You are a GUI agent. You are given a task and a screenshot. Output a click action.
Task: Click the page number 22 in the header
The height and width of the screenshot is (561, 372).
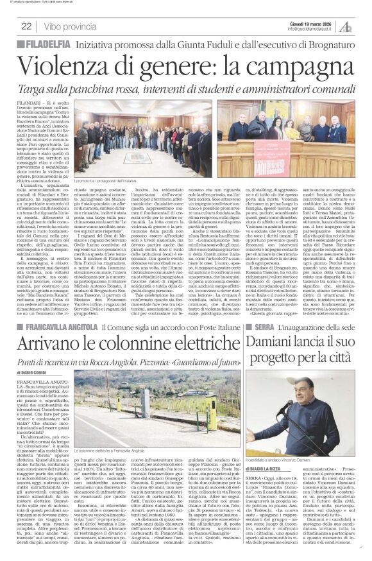26,26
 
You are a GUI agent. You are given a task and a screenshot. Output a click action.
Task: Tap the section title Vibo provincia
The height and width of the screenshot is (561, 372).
72,26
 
